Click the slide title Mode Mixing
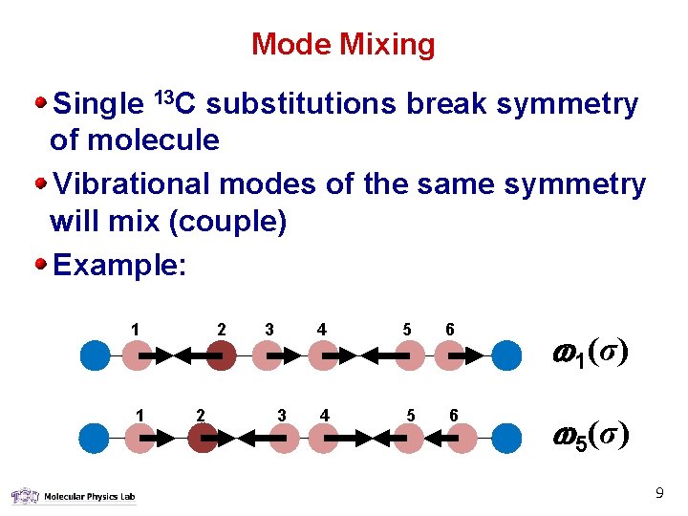coord(343,44)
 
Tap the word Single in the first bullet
coord(99,104)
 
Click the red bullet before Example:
coord(41,264)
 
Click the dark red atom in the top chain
coord(222,355)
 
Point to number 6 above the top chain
coord(449,330)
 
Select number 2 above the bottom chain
coord(200,414)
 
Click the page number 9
coord(658,494)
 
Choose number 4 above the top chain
coord(322,330)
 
